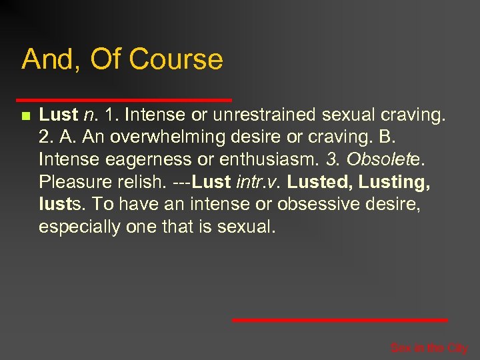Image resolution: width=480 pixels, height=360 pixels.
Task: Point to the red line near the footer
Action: pos(339,320)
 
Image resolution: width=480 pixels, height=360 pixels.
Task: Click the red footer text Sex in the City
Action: pos(429,348)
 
